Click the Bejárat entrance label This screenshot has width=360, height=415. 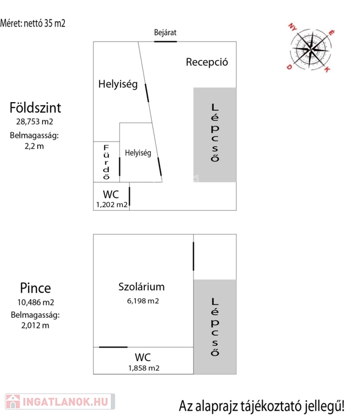[165, 32]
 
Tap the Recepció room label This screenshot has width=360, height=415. [206, 62]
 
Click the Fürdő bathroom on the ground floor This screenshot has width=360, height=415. [106, 162]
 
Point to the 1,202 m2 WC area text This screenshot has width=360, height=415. [112, 205]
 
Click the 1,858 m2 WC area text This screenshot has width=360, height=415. [144, 368]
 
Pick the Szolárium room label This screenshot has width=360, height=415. [142, 286]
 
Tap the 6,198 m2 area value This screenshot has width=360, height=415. [143, 301]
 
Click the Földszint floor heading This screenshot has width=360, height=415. [35, 108]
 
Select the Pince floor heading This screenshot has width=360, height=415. [36, 288]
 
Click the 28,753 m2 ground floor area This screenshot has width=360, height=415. [35, 122]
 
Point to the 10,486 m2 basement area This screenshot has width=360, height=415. [36, 302]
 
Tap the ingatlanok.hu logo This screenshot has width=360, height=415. [60, 401]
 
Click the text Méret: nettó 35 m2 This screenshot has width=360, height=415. [32, 23]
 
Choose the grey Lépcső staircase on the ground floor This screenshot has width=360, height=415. [215, 135]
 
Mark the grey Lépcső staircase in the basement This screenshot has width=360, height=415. [215, 326]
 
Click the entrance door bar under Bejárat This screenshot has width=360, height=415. [165, 42]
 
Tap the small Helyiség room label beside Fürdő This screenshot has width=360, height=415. [138, 153]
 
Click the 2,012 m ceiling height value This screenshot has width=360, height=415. [35, 325]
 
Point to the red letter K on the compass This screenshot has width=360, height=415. [327, 70]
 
